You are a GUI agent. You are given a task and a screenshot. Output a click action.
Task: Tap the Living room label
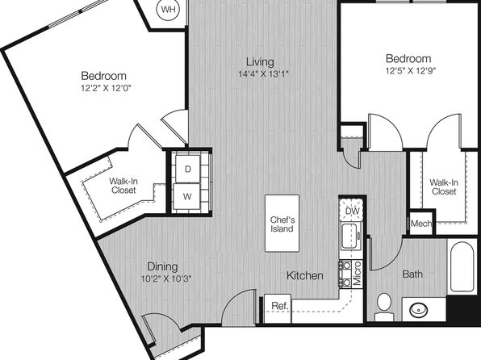point(260,61)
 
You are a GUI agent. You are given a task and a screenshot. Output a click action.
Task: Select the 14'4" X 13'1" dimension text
point(264,74)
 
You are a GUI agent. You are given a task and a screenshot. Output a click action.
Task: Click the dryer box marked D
point(187,169)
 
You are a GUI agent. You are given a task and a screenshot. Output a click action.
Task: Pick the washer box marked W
point(186,196)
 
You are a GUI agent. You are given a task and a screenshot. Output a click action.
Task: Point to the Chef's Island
point(282,224)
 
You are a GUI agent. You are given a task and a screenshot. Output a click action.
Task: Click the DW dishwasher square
point(352,210)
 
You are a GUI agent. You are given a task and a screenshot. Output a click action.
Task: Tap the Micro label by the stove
point(357,274)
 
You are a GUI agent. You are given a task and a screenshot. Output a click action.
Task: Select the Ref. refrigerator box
point(278,308)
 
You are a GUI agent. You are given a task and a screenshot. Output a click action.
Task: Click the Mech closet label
point(421,224)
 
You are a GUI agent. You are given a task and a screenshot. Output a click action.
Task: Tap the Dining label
point(162,266)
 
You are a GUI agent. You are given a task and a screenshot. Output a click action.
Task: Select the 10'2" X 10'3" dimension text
point(166,279)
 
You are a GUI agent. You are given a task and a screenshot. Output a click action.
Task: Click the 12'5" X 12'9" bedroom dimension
point(411,71)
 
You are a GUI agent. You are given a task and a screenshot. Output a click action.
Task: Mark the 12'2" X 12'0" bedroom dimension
point(107,89)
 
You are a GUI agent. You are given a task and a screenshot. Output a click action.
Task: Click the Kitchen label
point(304,275)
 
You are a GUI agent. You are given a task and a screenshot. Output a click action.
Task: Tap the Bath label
point(412,274)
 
